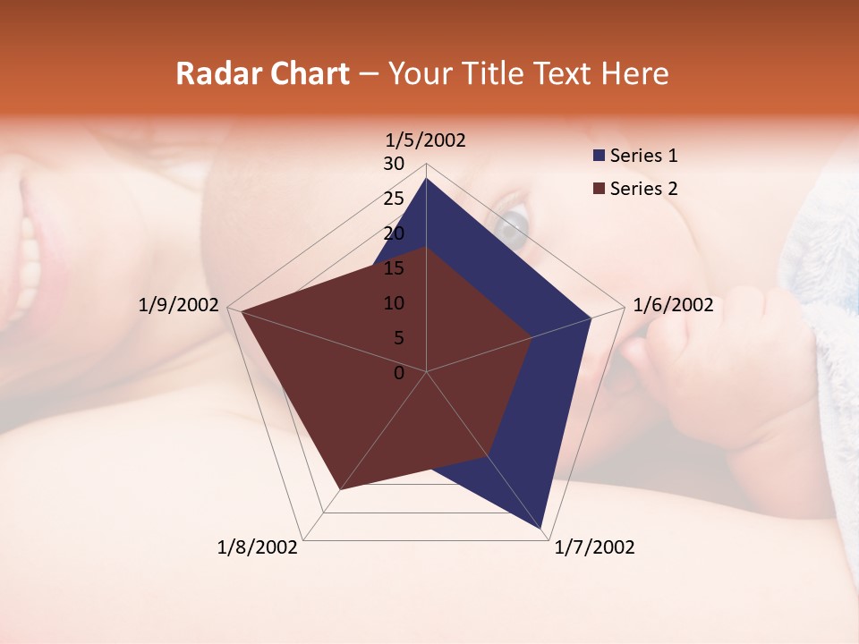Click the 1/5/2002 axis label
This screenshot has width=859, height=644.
[425, 140]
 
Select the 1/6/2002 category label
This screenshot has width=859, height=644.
[673, 305]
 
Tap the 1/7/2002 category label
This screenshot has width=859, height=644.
[595, 547]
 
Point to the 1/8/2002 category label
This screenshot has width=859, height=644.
[258, 547]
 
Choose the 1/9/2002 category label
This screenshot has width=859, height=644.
[179, 305]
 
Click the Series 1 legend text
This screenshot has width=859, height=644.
[643, 156]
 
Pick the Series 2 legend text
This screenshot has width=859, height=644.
[643, 189]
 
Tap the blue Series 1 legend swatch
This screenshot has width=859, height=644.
[600, 157]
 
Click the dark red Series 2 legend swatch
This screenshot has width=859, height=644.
[600, 190]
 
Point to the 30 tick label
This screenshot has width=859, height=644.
[393, 164]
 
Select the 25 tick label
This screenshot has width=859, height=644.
[393, 199]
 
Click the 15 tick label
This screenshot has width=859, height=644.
[393, 268]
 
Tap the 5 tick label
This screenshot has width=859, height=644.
[398, 338]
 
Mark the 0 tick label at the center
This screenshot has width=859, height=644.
[399, 372]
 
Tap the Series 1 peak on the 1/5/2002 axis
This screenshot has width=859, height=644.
[426, 179]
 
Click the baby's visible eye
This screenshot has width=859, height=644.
[514, 225]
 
